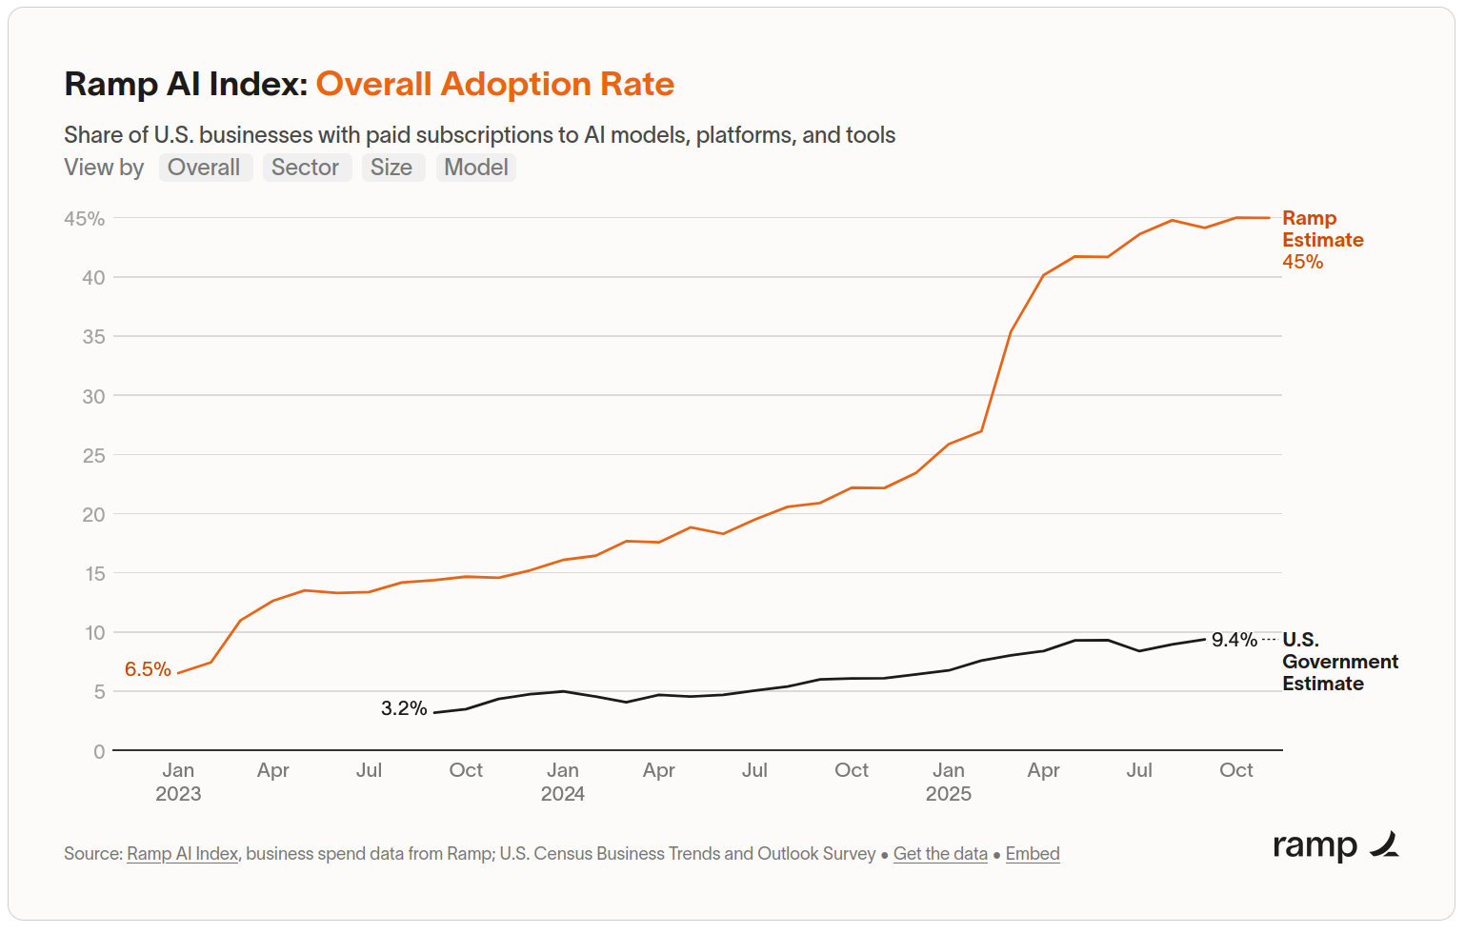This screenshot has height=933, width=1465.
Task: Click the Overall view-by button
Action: (x=204, y=168)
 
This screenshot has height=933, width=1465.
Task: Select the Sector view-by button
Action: (x=306, y=168)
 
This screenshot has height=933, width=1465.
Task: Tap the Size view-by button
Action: (x=391, y=168)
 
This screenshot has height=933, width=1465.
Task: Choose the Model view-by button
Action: (x=476, y=168)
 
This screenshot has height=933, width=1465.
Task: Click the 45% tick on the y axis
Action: (x=85, y=219)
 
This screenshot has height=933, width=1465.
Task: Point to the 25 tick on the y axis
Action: (x=93, y=456)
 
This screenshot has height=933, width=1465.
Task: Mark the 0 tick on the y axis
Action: (x=99, y=752)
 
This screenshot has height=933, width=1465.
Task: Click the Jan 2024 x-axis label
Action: (x=563, y=782)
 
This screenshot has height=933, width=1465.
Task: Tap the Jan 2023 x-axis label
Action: (x=178, y=782)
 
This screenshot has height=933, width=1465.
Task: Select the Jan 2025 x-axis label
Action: (x=949, y=782)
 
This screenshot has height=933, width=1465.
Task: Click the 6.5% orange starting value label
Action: (x=148, y=669)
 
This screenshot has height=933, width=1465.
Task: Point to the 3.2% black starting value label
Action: (x=404, y=708)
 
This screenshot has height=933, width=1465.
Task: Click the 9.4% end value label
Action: (x=1234, y=640)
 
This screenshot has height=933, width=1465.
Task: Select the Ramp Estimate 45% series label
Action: (x=1322, y=240)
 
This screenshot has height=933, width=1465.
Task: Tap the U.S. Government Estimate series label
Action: (x=1339, y=662)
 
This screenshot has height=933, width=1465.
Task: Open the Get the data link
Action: (x=940, y=854)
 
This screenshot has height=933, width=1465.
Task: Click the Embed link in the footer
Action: (x=1033, y=854)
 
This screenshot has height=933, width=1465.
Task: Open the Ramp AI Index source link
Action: (x=182, y=854)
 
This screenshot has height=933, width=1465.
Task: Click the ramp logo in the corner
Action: (x=1335, y=845)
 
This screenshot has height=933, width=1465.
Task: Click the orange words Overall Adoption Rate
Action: (x=494, y=84)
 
